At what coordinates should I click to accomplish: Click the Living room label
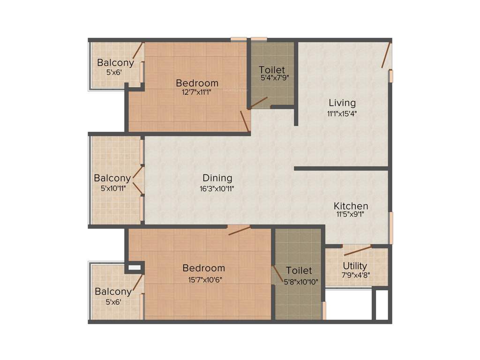[342, 103]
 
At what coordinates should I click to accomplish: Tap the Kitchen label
[351, 206]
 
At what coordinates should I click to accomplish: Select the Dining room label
[217, 178]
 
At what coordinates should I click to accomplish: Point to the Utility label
[355, 266]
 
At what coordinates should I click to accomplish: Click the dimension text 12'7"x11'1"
[197, 92]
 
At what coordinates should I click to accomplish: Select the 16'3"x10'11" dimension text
[217, 188]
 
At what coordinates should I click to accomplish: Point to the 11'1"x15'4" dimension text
[342, 113]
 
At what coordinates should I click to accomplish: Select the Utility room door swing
[357, 250]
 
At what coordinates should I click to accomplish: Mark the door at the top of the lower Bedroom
[239, 230]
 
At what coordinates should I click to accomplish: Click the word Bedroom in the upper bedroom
[197, 83]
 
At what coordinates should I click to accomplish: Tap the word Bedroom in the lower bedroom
[203, 268]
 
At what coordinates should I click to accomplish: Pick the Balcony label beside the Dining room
[112, 178]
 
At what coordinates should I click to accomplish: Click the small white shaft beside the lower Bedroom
[134, 268]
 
